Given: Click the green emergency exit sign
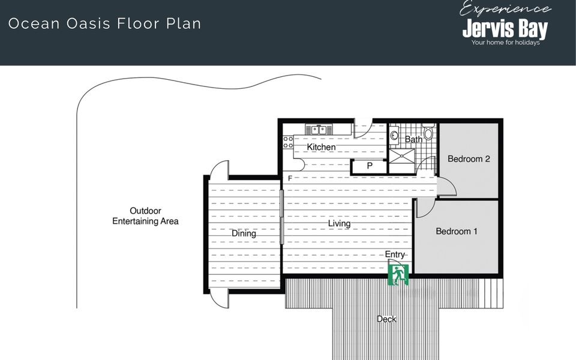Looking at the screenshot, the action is click(398, 275).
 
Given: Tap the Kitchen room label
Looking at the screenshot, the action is click(321, 147).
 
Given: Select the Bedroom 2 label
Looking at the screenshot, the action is click(469, 158).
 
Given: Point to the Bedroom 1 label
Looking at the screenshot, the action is click(457, 231).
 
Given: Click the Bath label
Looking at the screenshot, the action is click(413, 140).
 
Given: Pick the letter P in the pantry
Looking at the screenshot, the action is click(370, 166).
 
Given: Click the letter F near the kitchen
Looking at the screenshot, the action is click(290, 179).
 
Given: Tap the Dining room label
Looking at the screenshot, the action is click(244, 233).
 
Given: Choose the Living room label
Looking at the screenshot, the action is click(339, 223).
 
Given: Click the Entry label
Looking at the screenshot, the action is click(395, 254).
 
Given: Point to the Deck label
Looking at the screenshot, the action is click(386, 319).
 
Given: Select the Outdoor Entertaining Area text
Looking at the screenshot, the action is click(145, 216).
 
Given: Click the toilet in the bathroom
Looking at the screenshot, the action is click(428, 131).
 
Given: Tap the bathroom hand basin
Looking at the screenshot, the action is click(394, 134).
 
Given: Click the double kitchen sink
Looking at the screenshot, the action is click(319, 130).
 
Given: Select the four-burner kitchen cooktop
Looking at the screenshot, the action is click(288, 142).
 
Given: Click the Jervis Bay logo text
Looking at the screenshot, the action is click(505, 29).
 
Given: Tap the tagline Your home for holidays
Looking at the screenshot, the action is click(505, 43).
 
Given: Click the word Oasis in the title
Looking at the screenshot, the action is click(88, 23).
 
